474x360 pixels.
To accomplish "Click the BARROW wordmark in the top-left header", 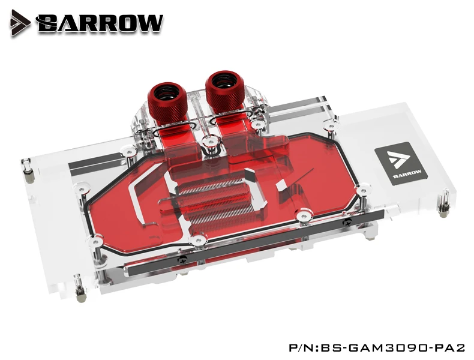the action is [99, 23].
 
